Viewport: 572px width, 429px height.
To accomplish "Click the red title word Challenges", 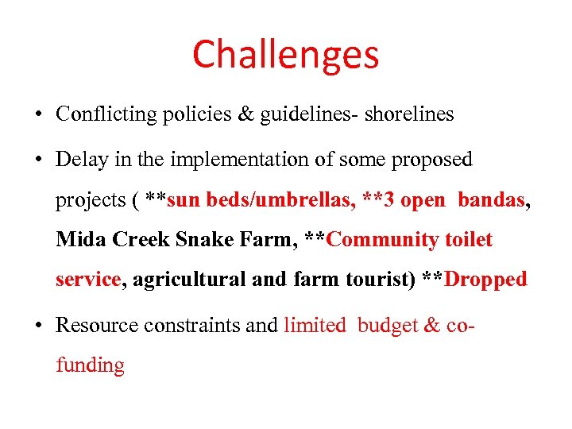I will click(x=285, y=55).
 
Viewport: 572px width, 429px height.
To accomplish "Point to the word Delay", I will click(x=77, y=160).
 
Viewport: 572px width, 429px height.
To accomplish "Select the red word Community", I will click(x=383, y=240).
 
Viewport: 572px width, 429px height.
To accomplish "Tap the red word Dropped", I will click(x=486, y=280).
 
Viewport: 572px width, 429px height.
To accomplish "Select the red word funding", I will click(x=90, y=365).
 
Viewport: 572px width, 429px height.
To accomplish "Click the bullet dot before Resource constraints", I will click(x=39, y=325).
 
